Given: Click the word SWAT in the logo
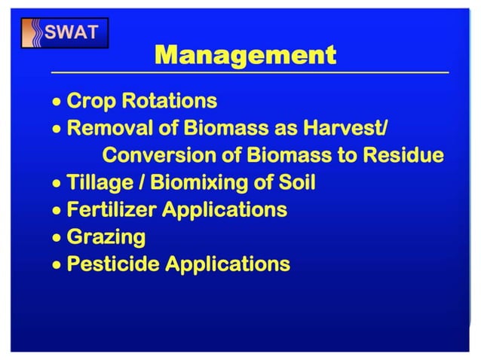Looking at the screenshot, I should (x=76, y=32).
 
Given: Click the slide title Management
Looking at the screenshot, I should (x=245, y=55).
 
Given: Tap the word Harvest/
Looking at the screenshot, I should (x=347, y=128).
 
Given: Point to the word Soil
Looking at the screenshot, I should (x=298, y=182).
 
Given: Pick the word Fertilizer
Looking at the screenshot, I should (x=112, y=209).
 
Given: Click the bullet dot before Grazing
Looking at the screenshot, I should (x=57, y=238).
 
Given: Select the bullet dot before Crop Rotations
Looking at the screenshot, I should (x=57, y=101).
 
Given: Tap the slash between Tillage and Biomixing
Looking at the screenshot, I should (x=136, y=182).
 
